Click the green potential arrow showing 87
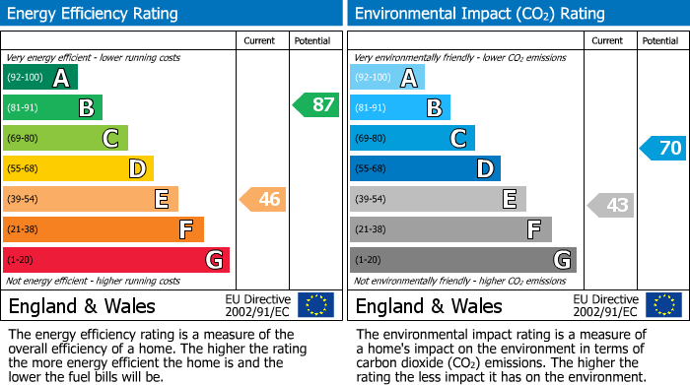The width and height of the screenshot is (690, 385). point(316,105)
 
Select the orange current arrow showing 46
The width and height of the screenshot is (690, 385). point(263,200)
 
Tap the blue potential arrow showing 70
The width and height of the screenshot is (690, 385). point(663,149)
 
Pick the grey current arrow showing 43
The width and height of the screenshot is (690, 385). point(610,205)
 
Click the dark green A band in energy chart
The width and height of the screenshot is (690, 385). point(40,78)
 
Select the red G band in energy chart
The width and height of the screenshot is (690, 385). point(116,260)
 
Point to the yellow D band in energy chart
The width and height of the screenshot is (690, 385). point(78,168)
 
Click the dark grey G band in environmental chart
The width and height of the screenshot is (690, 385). point(462,260)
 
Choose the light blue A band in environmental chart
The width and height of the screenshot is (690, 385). point(387,78)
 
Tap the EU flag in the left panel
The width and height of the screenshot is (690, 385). point(315,305)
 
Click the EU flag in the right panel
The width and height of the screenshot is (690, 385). point(662,305)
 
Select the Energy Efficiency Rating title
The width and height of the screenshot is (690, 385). point(94,14)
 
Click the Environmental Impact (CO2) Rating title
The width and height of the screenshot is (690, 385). point(479,14)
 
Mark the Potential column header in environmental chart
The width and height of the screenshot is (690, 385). point(659,40)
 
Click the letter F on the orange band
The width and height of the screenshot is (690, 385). point(185,230)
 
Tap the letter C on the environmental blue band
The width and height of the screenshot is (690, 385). point(458,139)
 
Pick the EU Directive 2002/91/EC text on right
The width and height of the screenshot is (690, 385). point(604,305)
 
